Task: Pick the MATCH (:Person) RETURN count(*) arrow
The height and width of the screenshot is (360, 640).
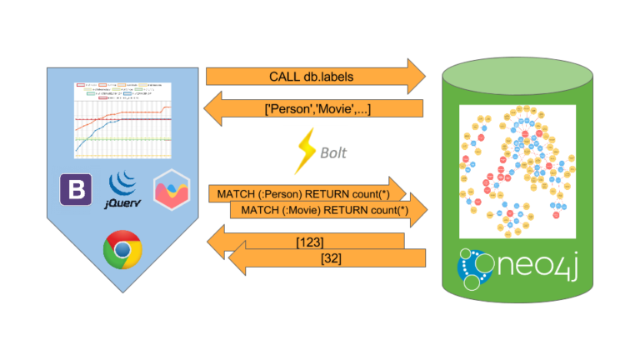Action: tap(304, 193)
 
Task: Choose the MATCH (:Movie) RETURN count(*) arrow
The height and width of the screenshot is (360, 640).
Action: tap(329, 211)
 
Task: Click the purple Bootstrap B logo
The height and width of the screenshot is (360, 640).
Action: tap(77, 191)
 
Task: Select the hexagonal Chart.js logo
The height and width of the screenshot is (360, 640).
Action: tap(171, 190)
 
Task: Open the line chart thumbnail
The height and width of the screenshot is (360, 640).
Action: tap(123, 120)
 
